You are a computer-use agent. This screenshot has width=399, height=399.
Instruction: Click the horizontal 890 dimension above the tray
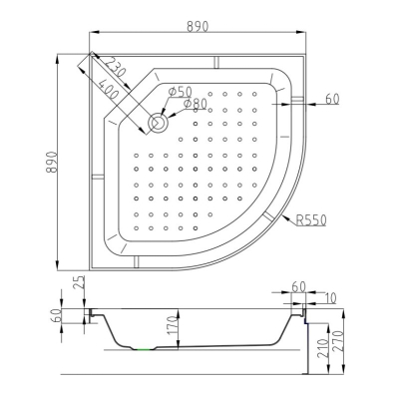tap(198, 26)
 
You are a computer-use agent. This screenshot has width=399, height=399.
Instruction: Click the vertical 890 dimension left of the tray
tap(52, 163)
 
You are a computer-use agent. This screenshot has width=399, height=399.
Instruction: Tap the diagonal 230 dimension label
tap(113, 67)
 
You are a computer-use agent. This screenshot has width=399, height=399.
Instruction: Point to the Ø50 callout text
tap(181, 91)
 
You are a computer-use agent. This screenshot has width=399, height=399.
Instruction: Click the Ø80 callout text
tap(195, 104)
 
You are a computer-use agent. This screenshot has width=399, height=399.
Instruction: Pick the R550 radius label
tap(311, 219)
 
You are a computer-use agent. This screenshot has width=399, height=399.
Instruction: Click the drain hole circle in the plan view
tap(160, 122)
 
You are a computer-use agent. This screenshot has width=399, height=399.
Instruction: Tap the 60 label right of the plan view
tap(332, 99)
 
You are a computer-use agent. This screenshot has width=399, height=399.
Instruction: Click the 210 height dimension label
tap(322, 348)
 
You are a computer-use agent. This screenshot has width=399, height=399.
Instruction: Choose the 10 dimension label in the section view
tap(329, 298)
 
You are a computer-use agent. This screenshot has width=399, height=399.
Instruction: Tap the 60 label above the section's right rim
tap(298, 286)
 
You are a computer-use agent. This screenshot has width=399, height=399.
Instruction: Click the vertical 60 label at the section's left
tap(55, 316)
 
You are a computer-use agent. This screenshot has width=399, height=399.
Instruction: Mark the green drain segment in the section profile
tap(144, 349)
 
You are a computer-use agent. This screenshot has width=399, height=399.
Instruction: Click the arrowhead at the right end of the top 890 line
tap(301, 32)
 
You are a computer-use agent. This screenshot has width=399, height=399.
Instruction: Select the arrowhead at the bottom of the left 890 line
tap(58, 266)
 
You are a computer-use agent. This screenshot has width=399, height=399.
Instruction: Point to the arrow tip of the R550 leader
tap(282, 216)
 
